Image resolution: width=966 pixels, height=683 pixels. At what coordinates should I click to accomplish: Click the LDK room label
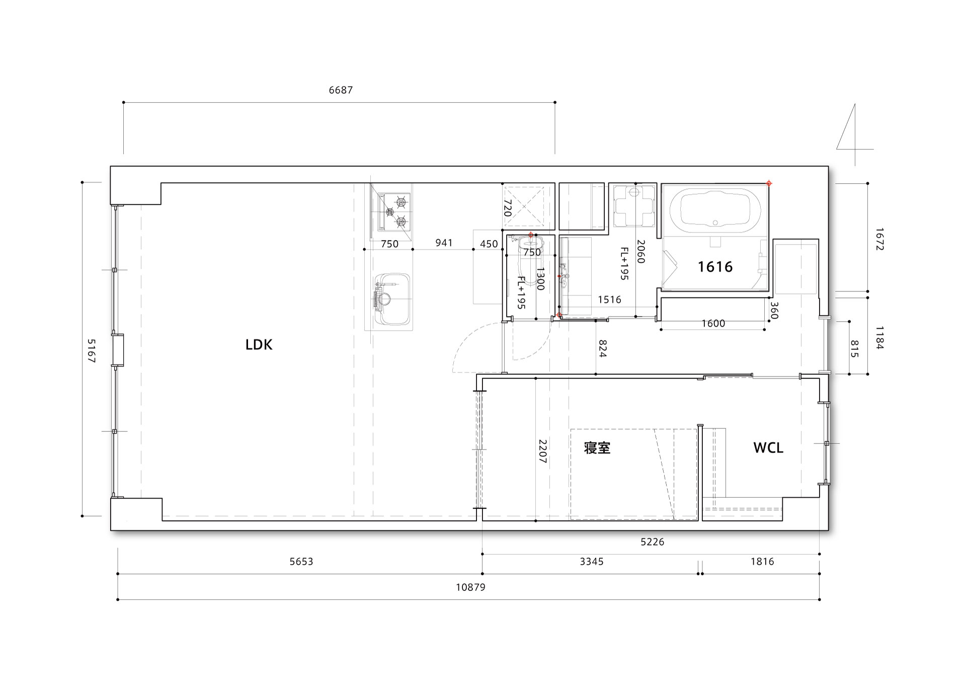point(259,345)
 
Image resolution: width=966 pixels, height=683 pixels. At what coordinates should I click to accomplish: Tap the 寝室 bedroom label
point(597,447)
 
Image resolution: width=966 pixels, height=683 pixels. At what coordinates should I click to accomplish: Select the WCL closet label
point(768,447)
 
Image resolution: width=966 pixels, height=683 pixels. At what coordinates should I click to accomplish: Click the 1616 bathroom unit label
point(715,267)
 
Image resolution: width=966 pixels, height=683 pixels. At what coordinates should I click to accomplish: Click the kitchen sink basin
point(391,300)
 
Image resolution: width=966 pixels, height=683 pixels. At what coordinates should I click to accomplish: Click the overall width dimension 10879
point(471,587)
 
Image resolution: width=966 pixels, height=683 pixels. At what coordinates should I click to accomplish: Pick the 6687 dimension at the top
point(341,90)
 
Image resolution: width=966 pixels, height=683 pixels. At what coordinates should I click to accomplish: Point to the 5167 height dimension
point(91,351)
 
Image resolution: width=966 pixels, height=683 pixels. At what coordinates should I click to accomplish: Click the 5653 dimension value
point(301,561)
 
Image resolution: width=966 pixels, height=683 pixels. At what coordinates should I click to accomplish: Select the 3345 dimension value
point(591,561)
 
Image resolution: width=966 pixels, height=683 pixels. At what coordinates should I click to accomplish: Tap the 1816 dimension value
point(762,561)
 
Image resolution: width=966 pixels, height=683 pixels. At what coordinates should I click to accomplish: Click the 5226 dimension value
point(652,542)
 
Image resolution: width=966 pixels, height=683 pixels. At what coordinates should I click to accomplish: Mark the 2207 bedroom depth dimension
point(542,451)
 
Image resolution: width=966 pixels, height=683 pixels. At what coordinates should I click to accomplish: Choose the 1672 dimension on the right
point(879,240)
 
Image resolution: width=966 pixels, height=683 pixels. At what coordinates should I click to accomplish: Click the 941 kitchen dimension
point(444,243)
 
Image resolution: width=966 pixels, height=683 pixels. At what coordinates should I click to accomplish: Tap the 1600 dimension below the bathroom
point(713,323)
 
